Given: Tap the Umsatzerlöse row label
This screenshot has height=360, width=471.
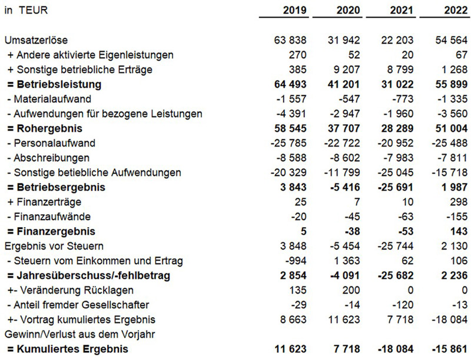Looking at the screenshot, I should (36, 41).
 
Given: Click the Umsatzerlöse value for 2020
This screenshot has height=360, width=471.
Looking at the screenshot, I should (343, 41).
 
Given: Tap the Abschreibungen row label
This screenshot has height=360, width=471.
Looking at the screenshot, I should (49, 158).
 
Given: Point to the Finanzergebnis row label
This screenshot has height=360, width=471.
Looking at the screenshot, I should (51, 232).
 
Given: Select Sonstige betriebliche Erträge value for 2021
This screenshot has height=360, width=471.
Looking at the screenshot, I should (399, 70).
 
